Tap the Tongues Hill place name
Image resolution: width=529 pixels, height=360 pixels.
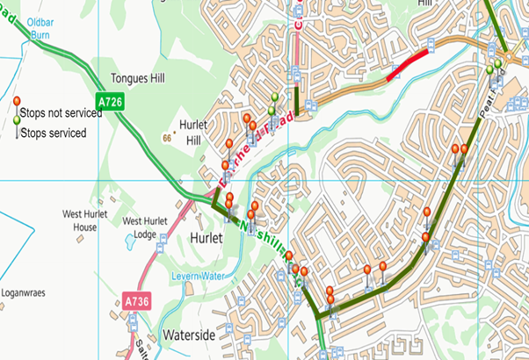click(138, 78)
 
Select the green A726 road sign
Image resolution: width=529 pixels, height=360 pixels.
click(111, 103)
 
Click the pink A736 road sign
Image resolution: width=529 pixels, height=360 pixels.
click(134, 301)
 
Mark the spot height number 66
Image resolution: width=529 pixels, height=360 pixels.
click(167, 139)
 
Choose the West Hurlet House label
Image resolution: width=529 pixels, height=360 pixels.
click(84, 220)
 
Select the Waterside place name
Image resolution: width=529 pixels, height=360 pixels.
click(190, 335)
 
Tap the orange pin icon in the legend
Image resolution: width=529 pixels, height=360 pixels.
click(15, 102)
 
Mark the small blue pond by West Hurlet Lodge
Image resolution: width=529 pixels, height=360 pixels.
click(131, 238)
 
